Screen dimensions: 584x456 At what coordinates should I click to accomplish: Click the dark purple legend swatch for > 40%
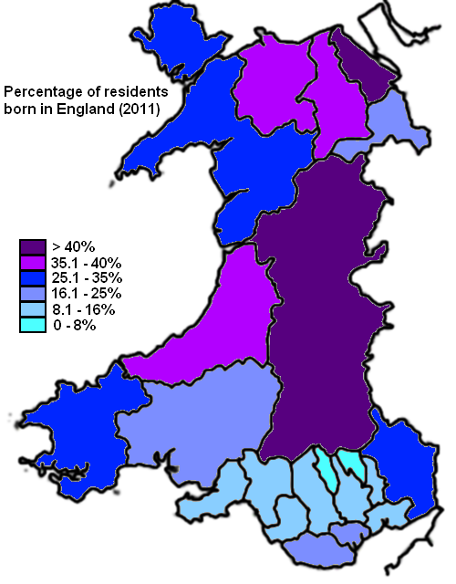(x=32, y=246)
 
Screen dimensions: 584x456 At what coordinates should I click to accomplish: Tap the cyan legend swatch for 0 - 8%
(x=32, y=324)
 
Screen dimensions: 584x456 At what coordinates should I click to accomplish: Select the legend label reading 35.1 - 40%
(x=87, y=263)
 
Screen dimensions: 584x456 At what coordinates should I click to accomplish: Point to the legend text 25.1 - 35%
(x=87, y=278)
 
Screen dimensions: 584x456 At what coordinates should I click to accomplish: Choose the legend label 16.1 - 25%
(x=87, y=294)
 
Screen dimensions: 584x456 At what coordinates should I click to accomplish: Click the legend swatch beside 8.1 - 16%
(x=32, y=308)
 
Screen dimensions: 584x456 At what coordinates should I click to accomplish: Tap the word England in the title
(x=89, y=111)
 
